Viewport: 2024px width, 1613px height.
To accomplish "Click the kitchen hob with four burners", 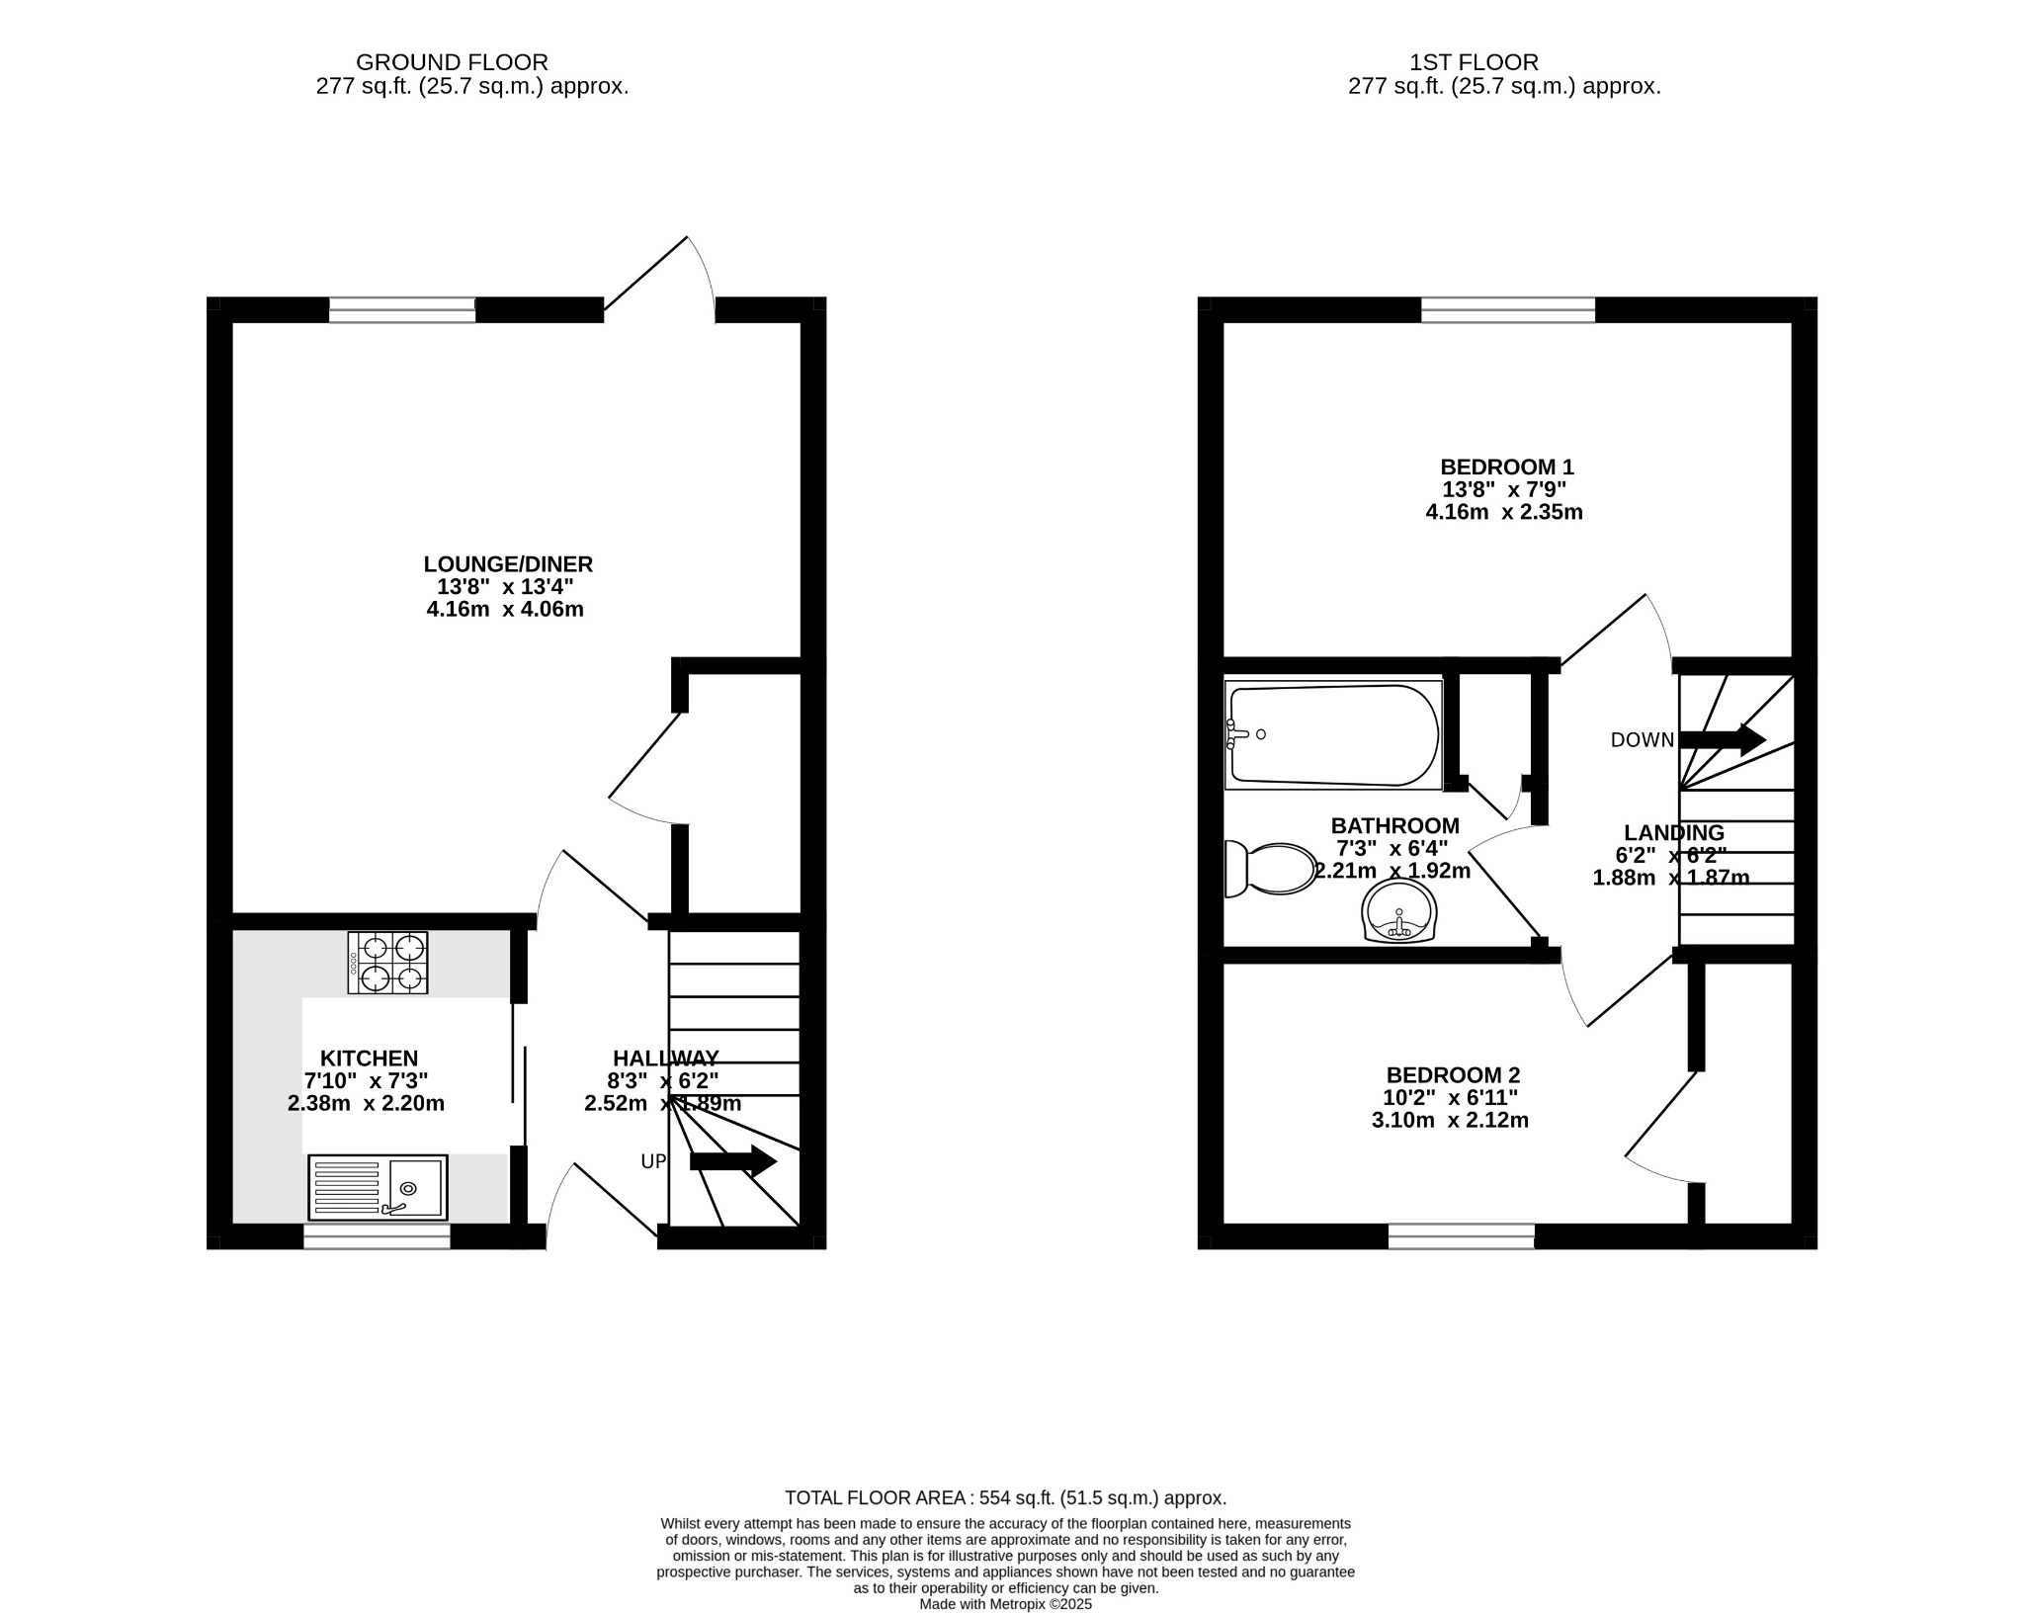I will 387,963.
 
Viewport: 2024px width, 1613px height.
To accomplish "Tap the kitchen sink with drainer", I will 378,1187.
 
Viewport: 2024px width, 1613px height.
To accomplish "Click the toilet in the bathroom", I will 1271,869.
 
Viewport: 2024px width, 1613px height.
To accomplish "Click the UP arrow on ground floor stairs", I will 732,1161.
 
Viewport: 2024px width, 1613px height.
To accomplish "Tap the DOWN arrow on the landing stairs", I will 1722,739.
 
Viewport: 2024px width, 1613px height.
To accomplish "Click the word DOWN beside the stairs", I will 1642,740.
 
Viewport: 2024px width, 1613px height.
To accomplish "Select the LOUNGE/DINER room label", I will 508,564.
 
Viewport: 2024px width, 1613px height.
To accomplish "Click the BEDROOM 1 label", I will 1506,467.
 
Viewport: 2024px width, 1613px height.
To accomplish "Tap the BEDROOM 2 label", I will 1453,1074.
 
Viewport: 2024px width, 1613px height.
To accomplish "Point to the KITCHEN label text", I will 369,1059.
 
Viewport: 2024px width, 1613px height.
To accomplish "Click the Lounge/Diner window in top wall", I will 402,310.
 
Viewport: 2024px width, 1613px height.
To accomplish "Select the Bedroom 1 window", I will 1508,310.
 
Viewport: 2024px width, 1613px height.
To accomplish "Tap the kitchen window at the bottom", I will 377,1236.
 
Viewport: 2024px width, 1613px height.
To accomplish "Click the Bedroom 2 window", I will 1461,1236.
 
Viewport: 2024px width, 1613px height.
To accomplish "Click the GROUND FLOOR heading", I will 452,63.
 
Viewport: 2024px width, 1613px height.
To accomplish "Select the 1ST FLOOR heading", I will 1474,63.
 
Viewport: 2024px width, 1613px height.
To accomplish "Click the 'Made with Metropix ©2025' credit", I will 1005,1604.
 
